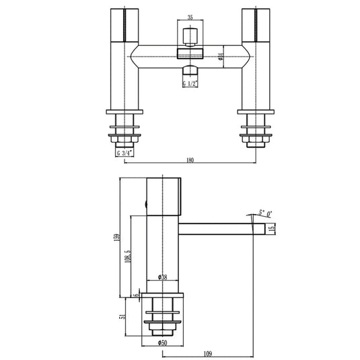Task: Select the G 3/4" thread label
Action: click(124, 153)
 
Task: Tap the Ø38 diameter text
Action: click(162, 277)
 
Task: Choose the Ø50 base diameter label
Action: click(162, 345)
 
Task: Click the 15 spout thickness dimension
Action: click(273, 229)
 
